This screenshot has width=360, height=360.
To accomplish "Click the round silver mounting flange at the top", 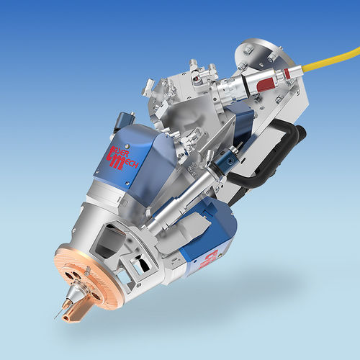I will pos(256,50).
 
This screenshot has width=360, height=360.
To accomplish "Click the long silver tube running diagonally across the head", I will pos(180,202).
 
